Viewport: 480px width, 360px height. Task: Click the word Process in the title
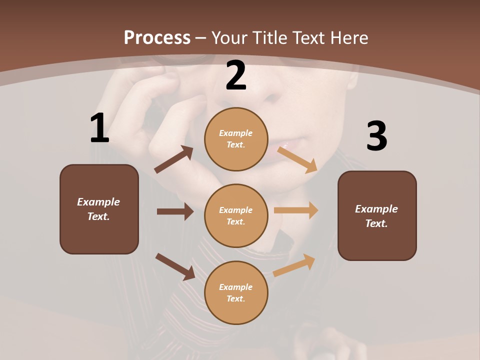[x=157, y=37]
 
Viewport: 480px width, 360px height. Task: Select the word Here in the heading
[x=348, y=37]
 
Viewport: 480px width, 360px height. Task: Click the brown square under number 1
[x=99, y=209]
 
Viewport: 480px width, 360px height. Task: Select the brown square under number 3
[x=377, y=215]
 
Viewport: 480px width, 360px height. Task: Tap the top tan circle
[x=236, y=139]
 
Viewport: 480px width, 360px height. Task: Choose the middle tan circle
[x=236, y=215]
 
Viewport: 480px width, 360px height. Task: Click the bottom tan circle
[x=236, y=292]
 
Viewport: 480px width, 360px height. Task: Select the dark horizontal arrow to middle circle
[x=175, y=211]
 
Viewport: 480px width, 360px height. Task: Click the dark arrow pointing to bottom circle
[x=175, y=266]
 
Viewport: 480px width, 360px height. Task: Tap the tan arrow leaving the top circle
[x=298, y=159]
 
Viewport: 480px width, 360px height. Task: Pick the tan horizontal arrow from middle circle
[x=296, y=210]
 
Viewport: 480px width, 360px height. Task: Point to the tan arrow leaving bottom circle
[x=294, y=265]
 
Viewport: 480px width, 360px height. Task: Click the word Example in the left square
[x=98, y=202]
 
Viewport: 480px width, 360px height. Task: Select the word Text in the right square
[x=376, y=223]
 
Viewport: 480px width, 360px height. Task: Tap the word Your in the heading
[x=230, y=37]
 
